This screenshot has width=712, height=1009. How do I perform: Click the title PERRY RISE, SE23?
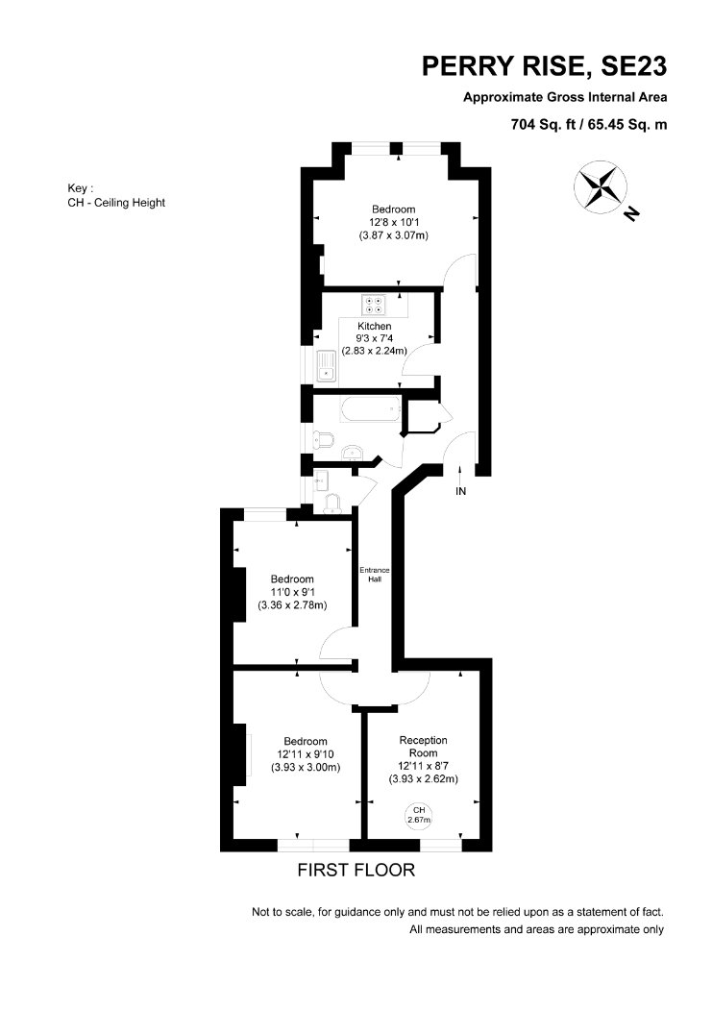(x=544, y=66)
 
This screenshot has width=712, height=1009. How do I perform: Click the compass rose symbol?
(x=601, y=185)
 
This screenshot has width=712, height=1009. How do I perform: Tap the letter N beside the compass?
(x=633, y=213)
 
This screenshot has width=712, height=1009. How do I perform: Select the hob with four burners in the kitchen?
(x=374, y=304)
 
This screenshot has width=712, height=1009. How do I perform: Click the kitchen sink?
(x=326, y=366)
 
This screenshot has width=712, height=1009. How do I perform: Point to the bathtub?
(x=371, y=410)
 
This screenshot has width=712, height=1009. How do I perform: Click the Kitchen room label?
(x=375, y=327)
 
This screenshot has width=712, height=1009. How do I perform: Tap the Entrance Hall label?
(x=375, y=575)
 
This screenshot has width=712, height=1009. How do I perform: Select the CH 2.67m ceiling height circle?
(x=419, y=815)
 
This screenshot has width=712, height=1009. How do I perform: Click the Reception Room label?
(x=423, y=747)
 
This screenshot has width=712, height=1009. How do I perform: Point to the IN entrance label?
(x=460, y=492)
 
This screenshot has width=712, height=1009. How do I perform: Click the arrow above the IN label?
(x=460, y=475)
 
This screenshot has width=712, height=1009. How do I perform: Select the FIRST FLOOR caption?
(x=356, y=870)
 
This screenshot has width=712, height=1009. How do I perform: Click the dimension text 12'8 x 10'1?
(x=393, y=222)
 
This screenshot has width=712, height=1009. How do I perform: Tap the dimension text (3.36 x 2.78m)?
(x=292, y=604)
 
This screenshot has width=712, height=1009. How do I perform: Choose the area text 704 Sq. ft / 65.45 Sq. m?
(x=588, y=124)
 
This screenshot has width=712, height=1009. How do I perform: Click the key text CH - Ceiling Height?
(x=116, y=203)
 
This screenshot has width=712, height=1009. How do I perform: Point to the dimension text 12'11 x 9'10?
(x=306, y=754)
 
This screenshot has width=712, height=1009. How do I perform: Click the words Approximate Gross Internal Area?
(x=565, y=97)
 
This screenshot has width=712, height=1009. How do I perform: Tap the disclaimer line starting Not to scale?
(x=457, y=912)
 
